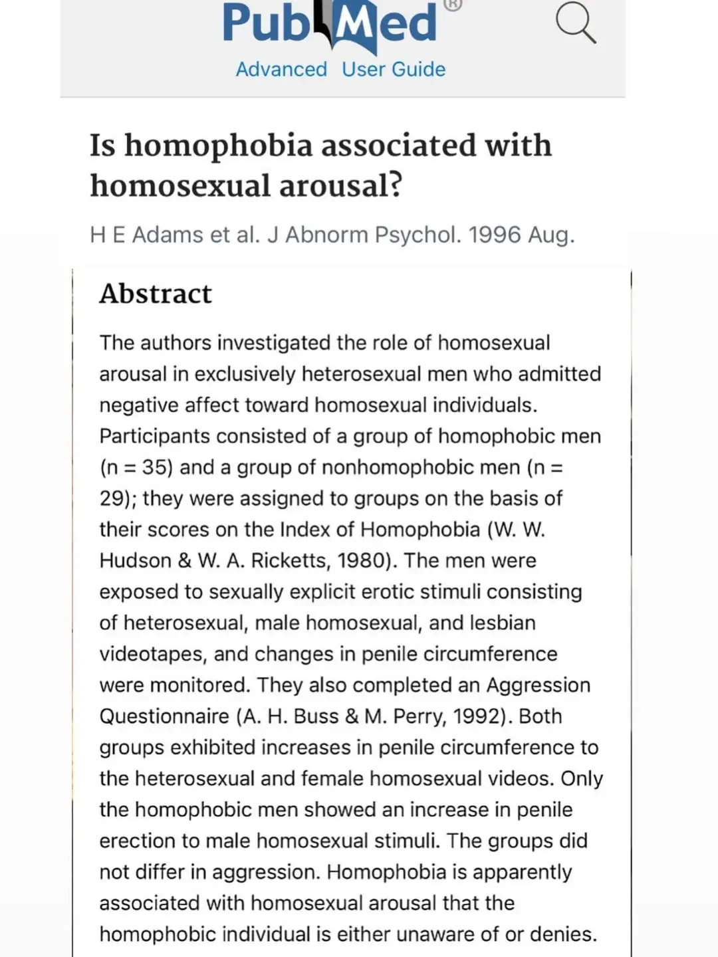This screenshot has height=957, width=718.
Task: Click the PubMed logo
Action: coord(330,24)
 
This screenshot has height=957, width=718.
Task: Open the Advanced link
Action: coord(281,69)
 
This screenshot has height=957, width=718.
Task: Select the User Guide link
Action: coord(394,69)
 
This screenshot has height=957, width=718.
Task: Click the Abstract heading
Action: coord(156,294)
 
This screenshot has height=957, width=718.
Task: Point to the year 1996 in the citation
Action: coord(495,235)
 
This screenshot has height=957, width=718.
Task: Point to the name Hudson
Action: coord(135,561)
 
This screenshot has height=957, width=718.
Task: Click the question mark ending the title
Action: coord(396,185)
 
